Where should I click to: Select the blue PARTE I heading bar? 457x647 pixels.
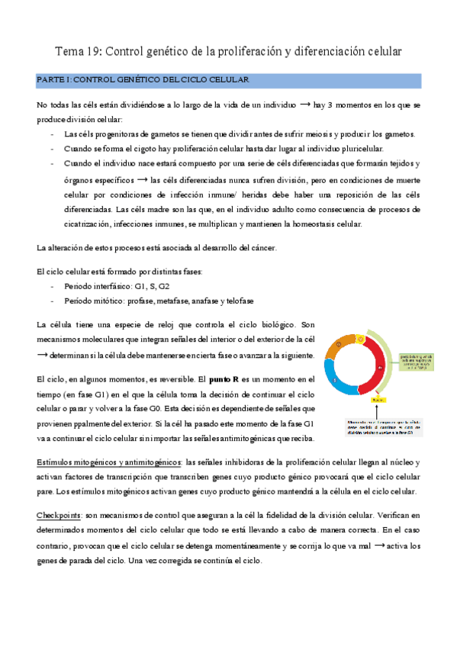point(228,80)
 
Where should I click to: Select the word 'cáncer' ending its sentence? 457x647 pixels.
point(253,248)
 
